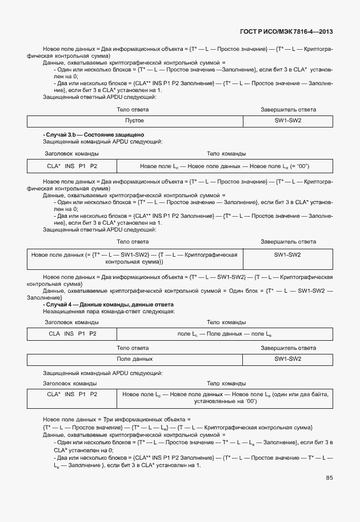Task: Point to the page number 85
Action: pyautogui.click(x=329, y=478)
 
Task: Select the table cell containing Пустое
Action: pyautogui.click(x=135, y=121)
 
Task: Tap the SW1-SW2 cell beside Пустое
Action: pyautogui.click(x=287, y=121)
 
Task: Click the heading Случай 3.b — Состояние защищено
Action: pyautogui.click(x=95, y=134)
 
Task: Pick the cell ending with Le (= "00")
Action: pyautogui.click(x=225, y=166)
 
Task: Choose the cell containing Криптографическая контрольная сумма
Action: pyautogui.click(x=135, y=258)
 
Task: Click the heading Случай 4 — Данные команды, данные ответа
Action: pyautogui.click(x=109, y=305)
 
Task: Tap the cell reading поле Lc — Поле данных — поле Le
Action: pyautogui.click(x=225, y=333)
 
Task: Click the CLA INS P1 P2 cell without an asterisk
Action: pyautogui.click(x=72, y=333)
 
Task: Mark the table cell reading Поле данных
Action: pyautogui.click(x=135, y=359)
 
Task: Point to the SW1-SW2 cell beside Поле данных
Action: pyautogui.click(x=287, y=359)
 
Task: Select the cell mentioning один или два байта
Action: pyautogui.click(x=225, y=398)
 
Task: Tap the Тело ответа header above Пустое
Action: pyautogui.click(x=133, y=109)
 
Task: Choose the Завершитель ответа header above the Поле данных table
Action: pyautogui.click(x=288, y=348)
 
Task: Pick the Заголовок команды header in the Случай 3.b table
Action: pyautogui.click(x=71, y=154)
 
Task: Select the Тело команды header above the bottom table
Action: pyautogui.click(x=226, y=383)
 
